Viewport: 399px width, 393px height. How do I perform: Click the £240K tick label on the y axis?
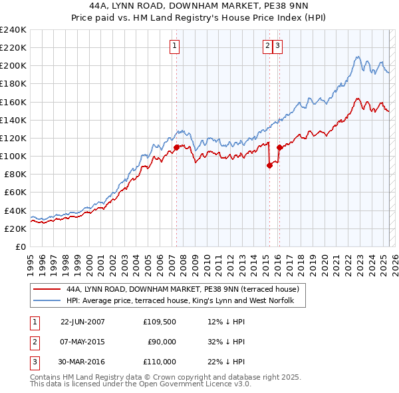pos(13,30)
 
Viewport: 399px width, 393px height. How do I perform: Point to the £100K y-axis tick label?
pos(13,156)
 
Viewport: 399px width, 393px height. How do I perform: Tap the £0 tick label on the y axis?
pos(21,246)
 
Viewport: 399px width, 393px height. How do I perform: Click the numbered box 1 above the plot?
pos(174,46)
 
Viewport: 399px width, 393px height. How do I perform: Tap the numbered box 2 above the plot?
pos(267,46)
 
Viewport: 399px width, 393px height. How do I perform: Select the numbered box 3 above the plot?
pos(277,46)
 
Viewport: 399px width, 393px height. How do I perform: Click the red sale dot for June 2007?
pos(177,147)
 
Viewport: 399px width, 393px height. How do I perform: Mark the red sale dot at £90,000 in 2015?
pos(269,165)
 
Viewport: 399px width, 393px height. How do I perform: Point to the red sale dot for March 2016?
pos(280,147)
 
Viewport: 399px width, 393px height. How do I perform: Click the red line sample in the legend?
pos(47,289)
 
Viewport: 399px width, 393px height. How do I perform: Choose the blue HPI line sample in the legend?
pos(47,300)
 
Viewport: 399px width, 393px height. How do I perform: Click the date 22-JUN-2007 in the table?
pos(82,322)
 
